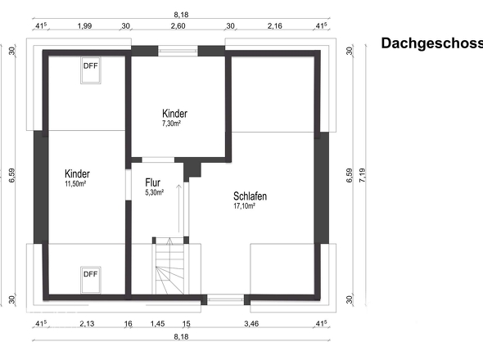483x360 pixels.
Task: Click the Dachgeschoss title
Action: [432, 43]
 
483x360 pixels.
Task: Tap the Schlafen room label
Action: [250, 196]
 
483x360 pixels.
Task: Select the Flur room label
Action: [153, 182]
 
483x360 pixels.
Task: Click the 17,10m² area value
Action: [244, 206]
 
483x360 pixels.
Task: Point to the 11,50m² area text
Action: [75, 184]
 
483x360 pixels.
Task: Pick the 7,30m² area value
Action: [171, 124]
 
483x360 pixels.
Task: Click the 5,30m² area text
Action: [155, 192]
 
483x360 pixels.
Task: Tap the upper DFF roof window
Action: [91, 70]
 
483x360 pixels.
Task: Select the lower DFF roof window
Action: [91, 280]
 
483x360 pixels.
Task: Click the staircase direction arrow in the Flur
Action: [178, 209]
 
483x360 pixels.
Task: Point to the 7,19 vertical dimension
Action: [362, 175]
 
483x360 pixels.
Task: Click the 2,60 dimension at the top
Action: [178, 26]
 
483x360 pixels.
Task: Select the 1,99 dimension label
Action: [84, 26]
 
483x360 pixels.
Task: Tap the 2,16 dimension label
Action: [275, 26]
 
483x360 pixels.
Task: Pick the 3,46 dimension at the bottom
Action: [251, 324]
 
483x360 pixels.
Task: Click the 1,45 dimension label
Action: [157, 324]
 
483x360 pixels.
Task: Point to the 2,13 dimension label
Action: [87, 324]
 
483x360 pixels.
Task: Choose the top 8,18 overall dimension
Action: [181, 15]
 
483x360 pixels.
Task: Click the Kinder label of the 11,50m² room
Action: [77, 173]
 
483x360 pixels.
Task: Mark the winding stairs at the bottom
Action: [169, 266]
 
